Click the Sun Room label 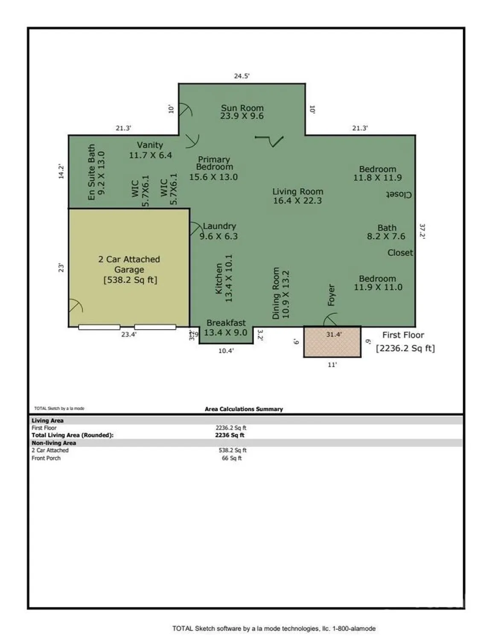pyautogui.click(x=242, y=112)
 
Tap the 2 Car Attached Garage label pyautogui.click(x=129, y=269)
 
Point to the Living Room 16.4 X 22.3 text pyautogui.click(x=297, y=196)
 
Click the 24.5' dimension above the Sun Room pyautogui.click(x=242, y=76)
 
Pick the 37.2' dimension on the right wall pyautogui.click(x=422, y=231)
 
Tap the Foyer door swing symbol pyautogui.click(x=330, y=319)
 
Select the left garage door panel pyautogui.click(x=99, y=327)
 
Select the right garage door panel pyautogui.click(x=155, y=327)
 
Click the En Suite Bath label pyautogui.click(x=96, y=172)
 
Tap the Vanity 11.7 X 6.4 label pyautogui.click(x=150, y=150)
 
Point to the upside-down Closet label pyautogui.click(x=399, y=195)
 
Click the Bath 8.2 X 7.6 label pyautogui.click(x=386, y=232)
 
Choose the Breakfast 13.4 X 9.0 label pyautogui.click(x=226, y=328)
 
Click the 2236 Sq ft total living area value pyautogui.click(x=230, y=435)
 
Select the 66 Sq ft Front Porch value pyautogui.click(x=232, y=458)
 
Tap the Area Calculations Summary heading pyautogui.click(x=244, y=409)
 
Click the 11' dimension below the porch pyautogui.click(x=332, y=365)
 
